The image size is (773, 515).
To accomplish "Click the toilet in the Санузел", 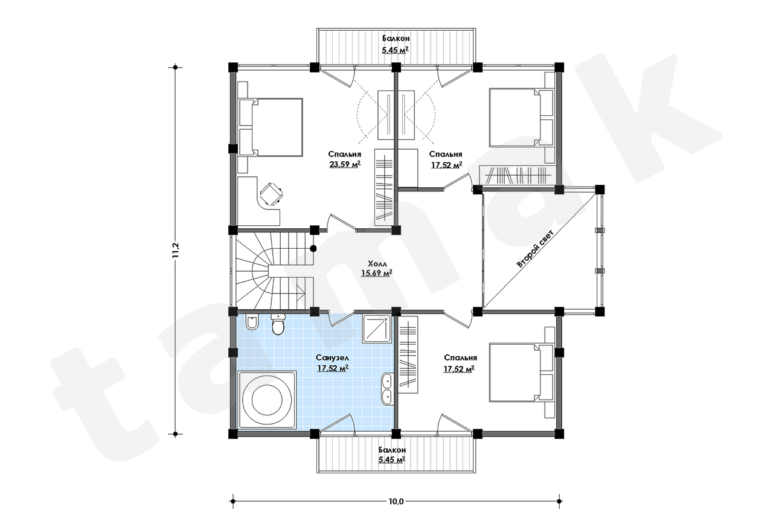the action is tap(277, 324).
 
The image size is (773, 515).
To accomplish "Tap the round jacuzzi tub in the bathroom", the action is tap(267, 400).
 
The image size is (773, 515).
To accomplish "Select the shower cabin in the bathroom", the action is tap(376, 328).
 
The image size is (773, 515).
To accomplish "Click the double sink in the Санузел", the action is tap(386, 388).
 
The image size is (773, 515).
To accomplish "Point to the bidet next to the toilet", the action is tap(252, 322).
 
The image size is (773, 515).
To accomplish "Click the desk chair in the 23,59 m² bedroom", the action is tap(271, 194).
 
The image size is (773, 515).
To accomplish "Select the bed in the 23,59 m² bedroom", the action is tap(271, 127).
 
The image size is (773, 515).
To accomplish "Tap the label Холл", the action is tap(377, 264).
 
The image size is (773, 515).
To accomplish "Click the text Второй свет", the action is tap(534, 248).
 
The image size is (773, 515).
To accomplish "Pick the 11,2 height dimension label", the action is tap(176, 251).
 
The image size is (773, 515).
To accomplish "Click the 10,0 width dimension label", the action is tap(396, 501).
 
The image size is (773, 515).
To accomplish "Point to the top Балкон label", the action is tap(396, 38).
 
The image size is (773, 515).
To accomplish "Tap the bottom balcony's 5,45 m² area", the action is tap(392, 459).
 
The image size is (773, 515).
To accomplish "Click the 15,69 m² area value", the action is tap(376, 273).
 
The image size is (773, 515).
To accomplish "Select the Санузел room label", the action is tap(332, 358).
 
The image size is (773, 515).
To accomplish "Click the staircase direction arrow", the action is tap(300, 292).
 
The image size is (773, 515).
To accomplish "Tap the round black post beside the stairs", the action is tap(313, 248).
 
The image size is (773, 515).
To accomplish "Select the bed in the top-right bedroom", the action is tap(521, 117).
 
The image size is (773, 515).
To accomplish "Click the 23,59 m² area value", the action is tap(345, 164).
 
